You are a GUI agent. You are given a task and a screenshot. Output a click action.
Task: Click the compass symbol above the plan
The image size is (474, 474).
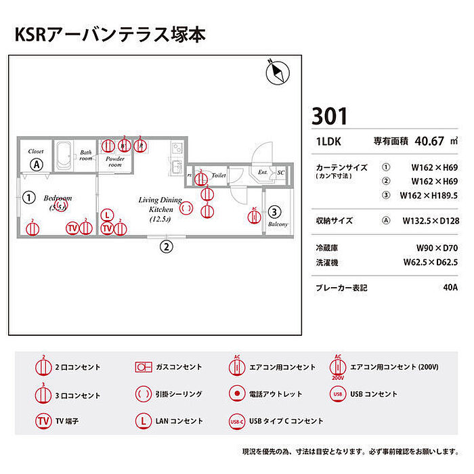[276, 69]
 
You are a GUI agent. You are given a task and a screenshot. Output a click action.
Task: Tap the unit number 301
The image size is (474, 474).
[330, 116]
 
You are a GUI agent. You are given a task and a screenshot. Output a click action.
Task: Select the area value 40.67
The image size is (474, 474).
[429, 142]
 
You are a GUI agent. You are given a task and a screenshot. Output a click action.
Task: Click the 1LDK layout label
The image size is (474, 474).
[328, 142]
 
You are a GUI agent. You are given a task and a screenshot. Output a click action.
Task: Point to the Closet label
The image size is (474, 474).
[36, 152]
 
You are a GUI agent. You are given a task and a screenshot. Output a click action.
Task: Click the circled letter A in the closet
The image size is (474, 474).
[37, 165]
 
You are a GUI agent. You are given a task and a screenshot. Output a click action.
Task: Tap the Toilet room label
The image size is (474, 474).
[218, 175]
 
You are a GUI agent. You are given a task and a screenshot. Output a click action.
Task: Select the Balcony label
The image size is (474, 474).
[278, 224]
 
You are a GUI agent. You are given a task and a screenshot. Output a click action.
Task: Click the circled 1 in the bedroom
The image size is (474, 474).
[28, 198]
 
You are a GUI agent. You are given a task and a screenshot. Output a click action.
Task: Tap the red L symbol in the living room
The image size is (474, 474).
[107, 215]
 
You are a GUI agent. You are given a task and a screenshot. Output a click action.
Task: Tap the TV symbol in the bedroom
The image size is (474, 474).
[72, 228]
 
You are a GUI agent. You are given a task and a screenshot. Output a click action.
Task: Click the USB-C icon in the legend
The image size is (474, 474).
[236, 421]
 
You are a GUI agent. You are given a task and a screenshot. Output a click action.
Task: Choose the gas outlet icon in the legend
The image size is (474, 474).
[142, 367]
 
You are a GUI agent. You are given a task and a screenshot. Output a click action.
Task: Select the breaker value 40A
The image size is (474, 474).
[449, 287]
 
